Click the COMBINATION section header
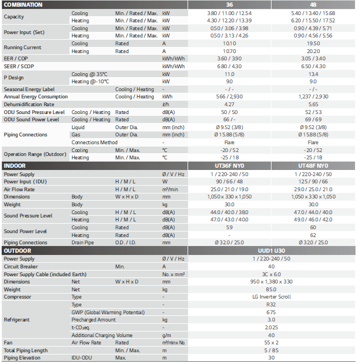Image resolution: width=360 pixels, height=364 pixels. (23, 4)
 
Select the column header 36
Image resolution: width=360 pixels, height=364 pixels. (229, 4)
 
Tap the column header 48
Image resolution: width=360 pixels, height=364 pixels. (313, 4)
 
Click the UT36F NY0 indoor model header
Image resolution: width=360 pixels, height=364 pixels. (229, 166)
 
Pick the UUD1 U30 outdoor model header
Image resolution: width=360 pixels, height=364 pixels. (271, 250)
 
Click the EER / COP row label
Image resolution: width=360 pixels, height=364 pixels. (16, 59)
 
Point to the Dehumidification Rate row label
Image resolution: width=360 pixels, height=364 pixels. (29, 104)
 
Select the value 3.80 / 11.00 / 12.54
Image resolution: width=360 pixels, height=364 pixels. (229, 12)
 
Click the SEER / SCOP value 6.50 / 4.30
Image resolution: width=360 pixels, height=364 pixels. (313, 66)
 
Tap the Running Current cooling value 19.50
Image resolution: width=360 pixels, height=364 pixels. (313, 44)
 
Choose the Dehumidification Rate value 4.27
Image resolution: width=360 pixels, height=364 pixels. (229, 104)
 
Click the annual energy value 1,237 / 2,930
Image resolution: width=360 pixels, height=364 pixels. (313, 97)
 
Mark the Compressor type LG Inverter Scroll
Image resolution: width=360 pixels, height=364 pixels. (271, 297)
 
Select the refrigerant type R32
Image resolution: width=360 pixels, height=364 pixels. (271, 305)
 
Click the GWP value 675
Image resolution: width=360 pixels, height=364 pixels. (271, 313)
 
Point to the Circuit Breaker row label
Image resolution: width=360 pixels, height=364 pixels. (20, 267)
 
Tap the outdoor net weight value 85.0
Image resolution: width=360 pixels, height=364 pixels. (271, 290)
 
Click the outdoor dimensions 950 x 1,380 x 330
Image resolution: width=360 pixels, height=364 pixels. (271, 282)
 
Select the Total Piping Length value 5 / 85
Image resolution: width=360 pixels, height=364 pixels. (271, 350)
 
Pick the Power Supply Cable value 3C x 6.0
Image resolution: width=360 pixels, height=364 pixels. (271, 275)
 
